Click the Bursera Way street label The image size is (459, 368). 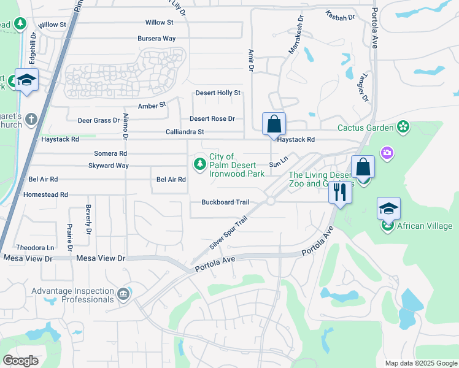click(156, 39)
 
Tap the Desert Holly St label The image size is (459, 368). click(218, 93)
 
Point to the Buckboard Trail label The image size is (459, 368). click(225, 202)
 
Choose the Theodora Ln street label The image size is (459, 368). click(35, 247)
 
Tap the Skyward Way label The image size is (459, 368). click(109, 166)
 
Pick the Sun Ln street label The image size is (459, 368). click(279, 163)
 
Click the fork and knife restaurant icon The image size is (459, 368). click(339, 192)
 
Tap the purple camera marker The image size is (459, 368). click(387, 152)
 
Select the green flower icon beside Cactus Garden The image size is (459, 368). click(403, 128)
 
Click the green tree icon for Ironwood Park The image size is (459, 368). click(199, 164)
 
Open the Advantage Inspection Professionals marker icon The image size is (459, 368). click(125, 295)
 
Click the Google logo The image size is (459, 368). click(20, 361)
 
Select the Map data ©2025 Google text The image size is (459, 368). click(420, 363)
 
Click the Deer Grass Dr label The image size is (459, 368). click(99, 120)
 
